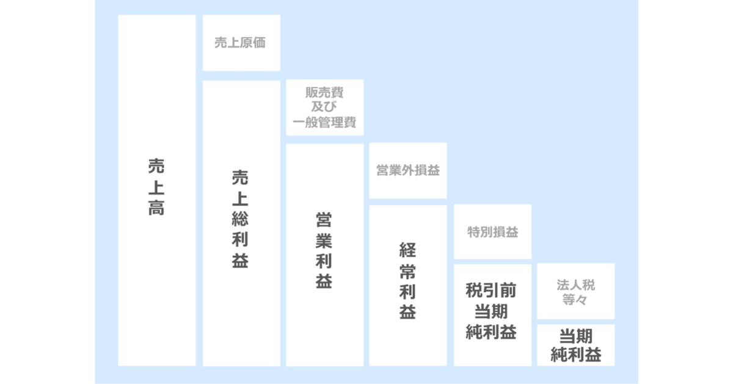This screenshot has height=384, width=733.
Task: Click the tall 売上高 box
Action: pyautogui.click(x=156, y=190)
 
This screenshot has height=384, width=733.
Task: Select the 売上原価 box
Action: pyautogui.click(x=241, y=43)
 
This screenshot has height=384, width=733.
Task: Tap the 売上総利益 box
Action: pyautogui.click(x=241, y=223)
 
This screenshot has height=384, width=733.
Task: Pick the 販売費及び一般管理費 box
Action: pyautogui.click(x=324, y=107)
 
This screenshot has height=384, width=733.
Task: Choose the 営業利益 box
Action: pyautogui.click(x=324, y=255)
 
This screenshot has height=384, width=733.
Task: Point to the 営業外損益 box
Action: pyautogui.click(x=408, y=170)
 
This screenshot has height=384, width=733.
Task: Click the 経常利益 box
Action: pyautogui.click(x=408, y=285)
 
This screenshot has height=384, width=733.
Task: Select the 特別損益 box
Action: pyautogui.click(x=492, y=232)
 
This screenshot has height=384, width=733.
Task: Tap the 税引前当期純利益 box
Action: pyautogui.click(x=492, y=314)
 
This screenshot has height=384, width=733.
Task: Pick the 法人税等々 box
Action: pyautogui.click(x=575, y=291)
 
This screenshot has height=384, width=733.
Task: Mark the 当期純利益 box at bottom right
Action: pyautogui.click(x=575, y=345)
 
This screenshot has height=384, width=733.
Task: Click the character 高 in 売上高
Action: pyautogui.click(x=156, y=208)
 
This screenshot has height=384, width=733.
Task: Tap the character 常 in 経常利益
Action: pyautogui.click(x=407, y=270)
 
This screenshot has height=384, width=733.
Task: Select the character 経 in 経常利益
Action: pyautogui.click(x=407, y=249)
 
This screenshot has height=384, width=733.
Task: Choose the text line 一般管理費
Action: pyautogui.click(x=324, y=124)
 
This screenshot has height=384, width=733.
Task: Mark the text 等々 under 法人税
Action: pyautogui.click(x=575, y=300)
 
